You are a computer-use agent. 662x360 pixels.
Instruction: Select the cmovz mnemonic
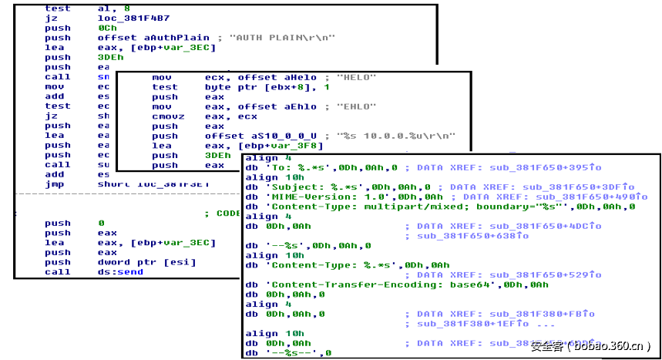click(x=165, y=117)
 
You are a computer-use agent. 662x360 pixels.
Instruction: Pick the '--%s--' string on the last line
click(x=288, y=353)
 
